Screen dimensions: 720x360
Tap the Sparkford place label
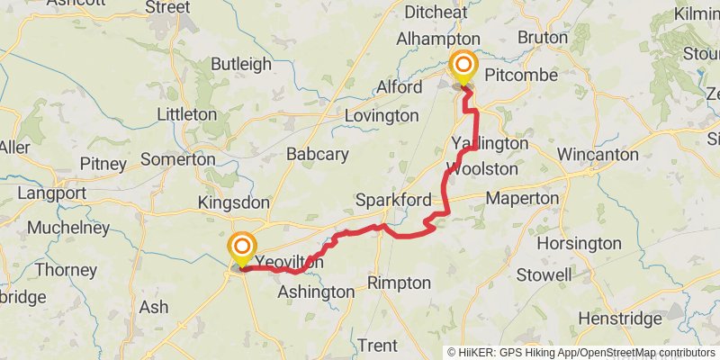(x=393, y=199)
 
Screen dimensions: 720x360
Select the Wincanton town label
(x=597, y=154)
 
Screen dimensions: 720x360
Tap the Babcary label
(x=317, y=154)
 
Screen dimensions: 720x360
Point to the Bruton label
(x=543, y=38)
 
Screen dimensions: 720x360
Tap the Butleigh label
(x=240, y=64)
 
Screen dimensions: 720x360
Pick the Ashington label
(x=316, y=292)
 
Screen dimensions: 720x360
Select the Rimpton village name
(x=399, y=283)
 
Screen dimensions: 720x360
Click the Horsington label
(x=579, y=243)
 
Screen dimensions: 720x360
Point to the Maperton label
(x=522, y=197)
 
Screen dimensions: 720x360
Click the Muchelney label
(x=68, y=228)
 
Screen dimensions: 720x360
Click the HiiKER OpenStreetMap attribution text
(x=581, y=352)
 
